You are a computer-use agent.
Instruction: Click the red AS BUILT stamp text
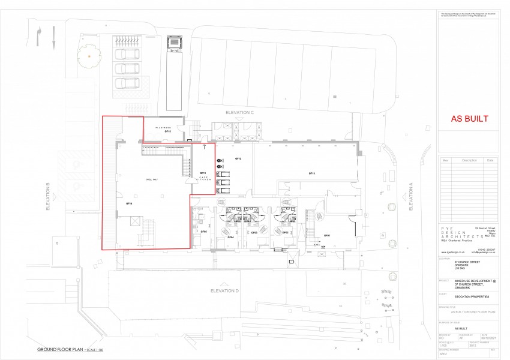[469, 119]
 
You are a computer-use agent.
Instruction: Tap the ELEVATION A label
[411, 197]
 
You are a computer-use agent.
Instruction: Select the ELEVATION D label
[225, 290]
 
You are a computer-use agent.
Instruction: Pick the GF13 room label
[312, 173]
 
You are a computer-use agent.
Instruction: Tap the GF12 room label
[238, 159]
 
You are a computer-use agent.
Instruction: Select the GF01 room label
[328, 235]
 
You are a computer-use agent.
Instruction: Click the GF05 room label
[203, 232]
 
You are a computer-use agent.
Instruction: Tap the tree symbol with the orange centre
[89, 56]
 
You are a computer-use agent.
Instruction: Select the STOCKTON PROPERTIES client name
[471, 296]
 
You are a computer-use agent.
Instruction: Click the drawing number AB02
[444, 353]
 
